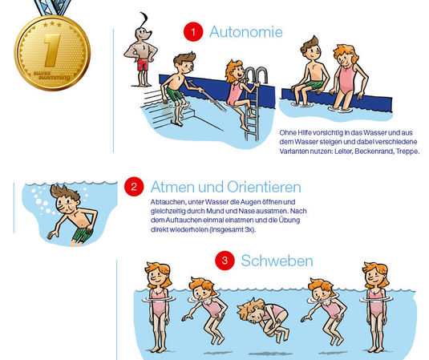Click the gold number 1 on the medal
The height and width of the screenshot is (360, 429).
click(52, 51)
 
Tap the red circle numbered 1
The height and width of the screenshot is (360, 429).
click(193, 32)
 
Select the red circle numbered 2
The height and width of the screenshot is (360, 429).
click(134, 187)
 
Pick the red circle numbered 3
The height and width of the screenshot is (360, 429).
click(225, 260)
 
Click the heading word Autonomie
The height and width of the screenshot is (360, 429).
click(245, 32)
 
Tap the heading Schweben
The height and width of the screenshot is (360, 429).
click(277, 261)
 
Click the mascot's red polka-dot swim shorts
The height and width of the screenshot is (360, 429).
click(142, 65)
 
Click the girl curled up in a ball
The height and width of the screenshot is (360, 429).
click(263, 318)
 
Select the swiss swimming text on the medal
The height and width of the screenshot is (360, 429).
click(52, 75)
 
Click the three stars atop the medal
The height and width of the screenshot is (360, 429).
click(52, 25)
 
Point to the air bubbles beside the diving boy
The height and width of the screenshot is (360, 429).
click(41, 201)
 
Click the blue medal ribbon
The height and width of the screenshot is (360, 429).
click(54, 8)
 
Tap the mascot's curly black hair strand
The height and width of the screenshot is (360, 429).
click(144, 19)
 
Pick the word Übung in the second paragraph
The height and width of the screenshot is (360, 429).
click(289, 220)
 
